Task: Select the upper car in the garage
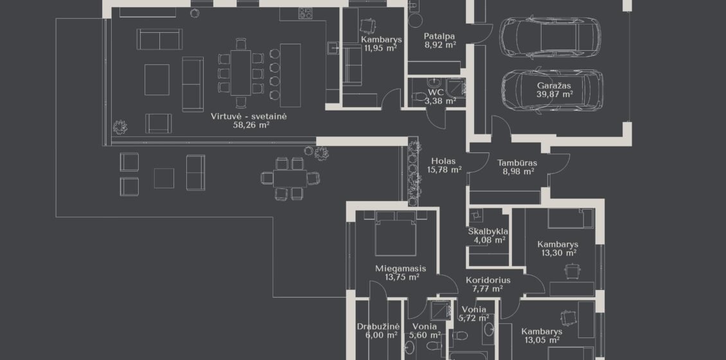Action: pos(550,37)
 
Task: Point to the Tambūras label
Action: pos(517,163)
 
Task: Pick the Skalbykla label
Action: pos(488,231)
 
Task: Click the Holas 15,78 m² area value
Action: pos(444,170)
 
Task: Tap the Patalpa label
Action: pos(439,36)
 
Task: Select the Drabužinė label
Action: pos(378,327)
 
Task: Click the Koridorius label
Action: pos(488,280)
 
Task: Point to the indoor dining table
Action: pos(241,72)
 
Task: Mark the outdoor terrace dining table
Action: pos(290,178)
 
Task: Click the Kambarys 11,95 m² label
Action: pos(382,39)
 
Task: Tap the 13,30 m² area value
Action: pos(559,253)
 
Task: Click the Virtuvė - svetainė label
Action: pos(249,116)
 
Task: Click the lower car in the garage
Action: pos(551,91)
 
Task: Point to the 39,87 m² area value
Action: pos(554,94)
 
